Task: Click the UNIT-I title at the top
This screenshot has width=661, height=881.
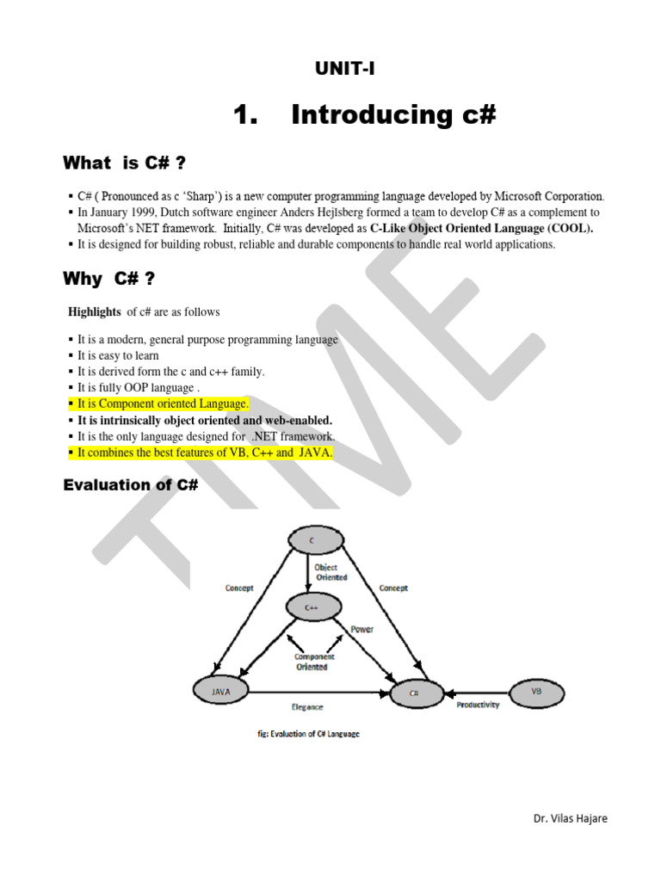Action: click(x=343, y=69)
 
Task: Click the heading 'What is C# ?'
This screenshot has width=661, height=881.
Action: click(x=125, y=163)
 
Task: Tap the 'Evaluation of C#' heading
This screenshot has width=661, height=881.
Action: click(x=131, y=485)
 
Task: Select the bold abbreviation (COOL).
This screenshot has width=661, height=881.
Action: click(x=568, y=228)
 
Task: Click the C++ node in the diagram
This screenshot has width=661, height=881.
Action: click(x=312, y=607)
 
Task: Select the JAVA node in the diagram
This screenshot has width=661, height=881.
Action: click(x=220, y=691)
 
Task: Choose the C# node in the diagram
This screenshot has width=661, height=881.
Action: click(x=415, y=693)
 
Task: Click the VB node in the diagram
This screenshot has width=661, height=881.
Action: click(x=536, y=691)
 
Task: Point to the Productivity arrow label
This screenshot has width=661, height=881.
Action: click(x=478, y=705)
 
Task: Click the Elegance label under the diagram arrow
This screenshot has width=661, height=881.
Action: click(x=307, y=707)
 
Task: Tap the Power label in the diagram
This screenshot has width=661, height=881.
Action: click(x=362, y=629)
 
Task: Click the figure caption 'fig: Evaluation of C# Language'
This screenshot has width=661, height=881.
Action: click(x=303, y=734)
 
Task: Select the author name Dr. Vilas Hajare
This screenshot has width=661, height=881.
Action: click(x=570, y=819)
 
